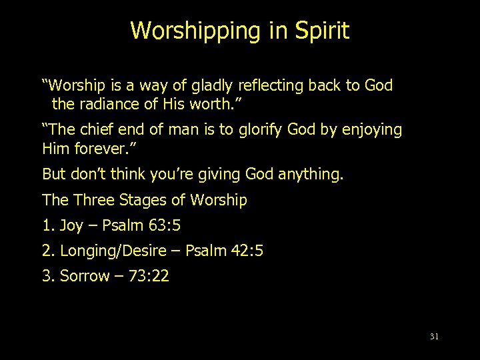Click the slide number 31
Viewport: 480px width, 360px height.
point(434,337)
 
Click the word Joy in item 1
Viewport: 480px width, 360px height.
point(71,225)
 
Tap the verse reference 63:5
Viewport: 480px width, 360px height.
point(160,225)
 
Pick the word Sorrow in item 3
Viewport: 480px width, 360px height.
point(85,276)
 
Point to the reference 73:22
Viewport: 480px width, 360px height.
point(149,276)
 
